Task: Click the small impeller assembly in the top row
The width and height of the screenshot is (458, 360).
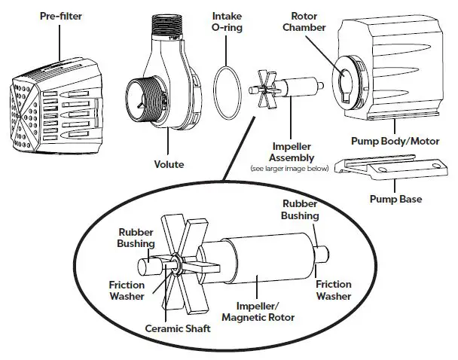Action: (x=286, y=84)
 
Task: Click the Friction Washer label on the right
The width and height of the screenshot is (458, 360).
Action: (x=333, y=289)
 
